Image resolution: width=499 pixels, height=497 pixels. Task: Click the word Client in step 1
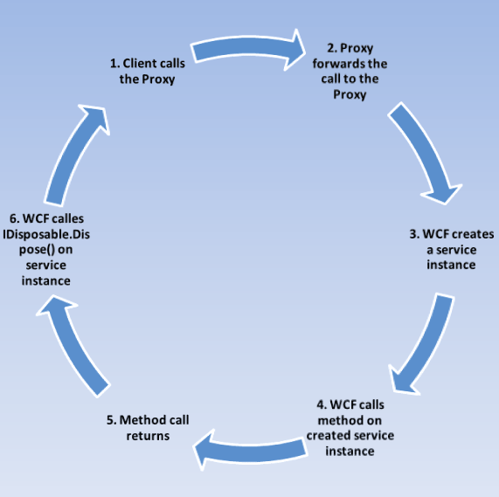(142, 64)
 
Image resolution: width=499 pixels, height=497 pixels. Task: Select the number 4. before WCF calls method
(322, 405)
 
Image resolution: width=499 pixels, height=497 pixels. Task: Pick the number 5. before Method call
(111, 420)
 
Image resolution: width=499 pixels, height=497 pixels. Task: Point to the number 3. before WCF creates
(414, 234)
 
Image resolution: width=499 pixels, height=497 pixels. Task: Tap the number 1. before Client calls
(114, 64)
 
